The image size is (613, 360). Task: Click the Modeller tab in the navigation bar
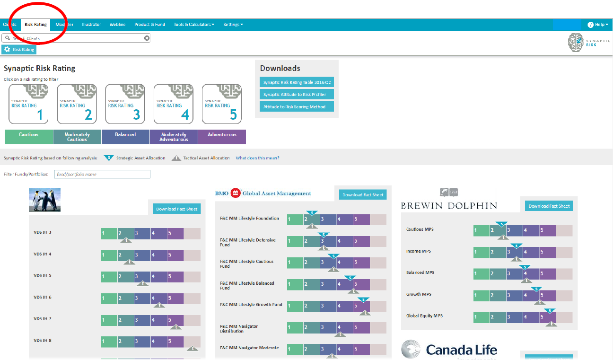pos(64,25)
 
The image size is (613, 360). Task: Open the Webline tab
pos(117,25)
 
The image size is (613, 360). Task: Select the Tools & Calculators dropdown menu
pos(193,25)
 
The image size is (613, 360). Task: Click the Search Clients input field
pos(76,38)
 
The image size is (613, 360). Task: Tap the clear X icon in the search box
pos(147,38)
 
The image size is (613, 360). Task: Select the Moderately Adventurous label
pos(174,137)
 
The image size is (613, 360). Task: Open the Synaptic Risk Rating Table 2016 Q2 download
pos(297,82)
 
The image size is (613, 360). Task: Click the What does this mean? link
pos(257,158)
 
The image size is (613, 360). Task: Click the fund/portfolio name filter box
pos(102,175)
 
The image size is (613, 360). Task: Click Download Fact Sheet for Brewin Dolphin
pos(549,206)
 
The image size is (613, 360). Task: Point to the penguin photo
pos(45,200)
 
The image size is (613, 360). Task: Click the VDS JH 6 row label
pos(43,297)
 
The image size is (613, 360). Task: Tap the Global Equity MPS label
pos(425,316)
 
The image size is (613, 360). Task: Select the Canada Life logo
pos(449,350)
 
